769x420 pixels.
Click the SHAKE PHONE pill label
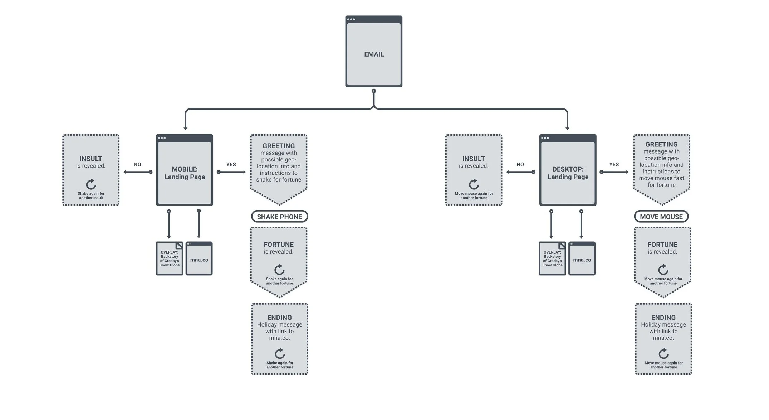pos(279,217)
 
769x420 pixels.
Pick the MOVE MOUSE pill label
pos(661,217)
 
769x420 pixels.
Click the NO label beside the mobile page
pos(137,165)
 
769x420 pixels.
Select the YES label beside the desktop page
pos(614,165)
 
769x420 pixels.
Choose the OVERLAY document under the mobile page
pos(170,259)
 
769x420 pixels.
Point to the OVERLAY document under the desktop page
pos(552,259)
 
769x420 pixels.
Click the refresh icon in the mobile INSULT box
pos(91,184)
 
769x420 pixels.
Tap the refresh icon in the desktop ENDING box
pos(663,354)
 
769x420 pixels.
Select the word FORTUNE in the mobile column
pos(279,245)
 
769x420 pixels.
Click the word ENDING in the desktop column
pos(663,318)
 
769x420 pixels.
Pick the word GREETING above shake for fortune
pos(279,146)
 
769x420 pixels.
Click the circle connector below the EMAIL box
pos(374,91)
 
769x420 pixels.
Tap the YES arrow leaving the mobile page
pos(231,172)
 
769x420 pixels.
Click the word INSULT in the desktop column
pos(474,159)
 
